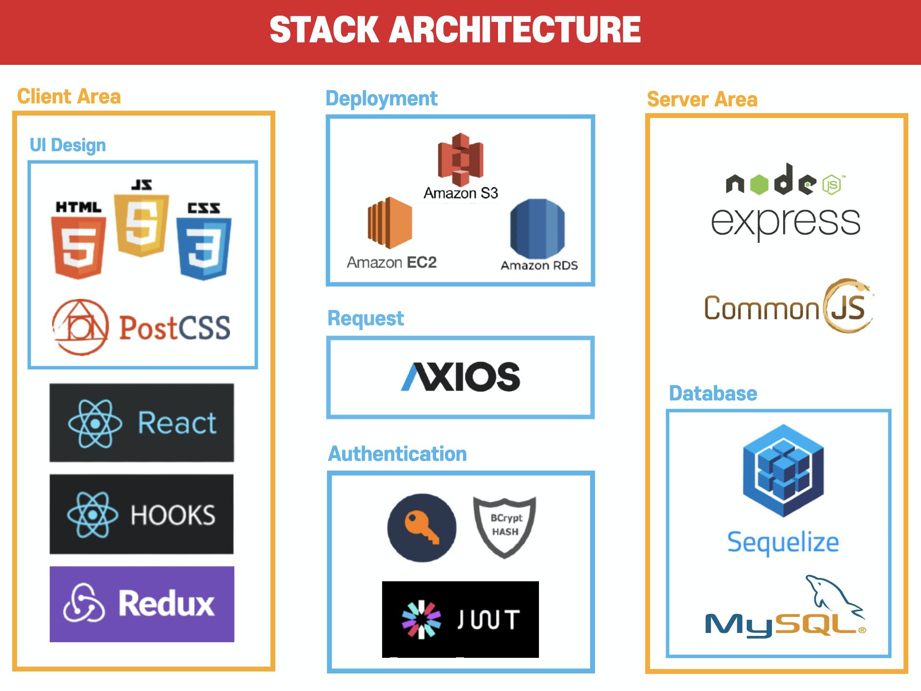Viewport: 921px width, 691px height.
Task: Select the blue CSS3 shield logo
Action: [x=204, y=249]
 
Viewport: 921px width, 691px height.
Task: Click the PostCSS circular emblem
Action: [x=80, y=327]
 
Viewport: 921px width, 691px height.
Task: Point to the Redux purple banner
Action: [x=142, y=604]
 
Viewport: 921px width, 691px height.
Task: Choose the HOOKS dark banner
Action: [x=142, y=514]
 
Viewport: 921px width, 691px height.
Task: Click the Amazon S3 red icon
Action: [x=460, y=156]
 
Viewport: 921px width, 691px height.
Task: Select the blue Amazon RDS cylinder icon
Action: [x=537, y=229]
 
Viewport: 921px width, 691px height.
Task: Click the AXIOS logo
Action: [x=460, y=376]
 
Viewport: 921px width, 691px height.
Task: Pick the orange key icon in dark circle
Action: [x=422, y=528]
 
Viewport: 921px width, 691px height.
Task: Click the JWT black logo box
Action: [x=460, y=619]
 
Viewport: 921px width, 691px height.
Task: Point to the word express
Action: [x=785, y=222]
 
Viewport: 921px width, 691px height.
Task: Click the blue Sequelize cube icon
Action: [x=783, y=471]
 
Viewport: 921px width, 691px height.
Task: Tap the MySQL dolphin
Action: [x=833, y=595]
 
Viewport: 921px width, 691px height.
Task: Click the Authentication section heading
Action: [x=398, y=454]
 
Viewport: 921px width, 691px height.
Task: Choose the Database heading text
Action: [x=713, y=394]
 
